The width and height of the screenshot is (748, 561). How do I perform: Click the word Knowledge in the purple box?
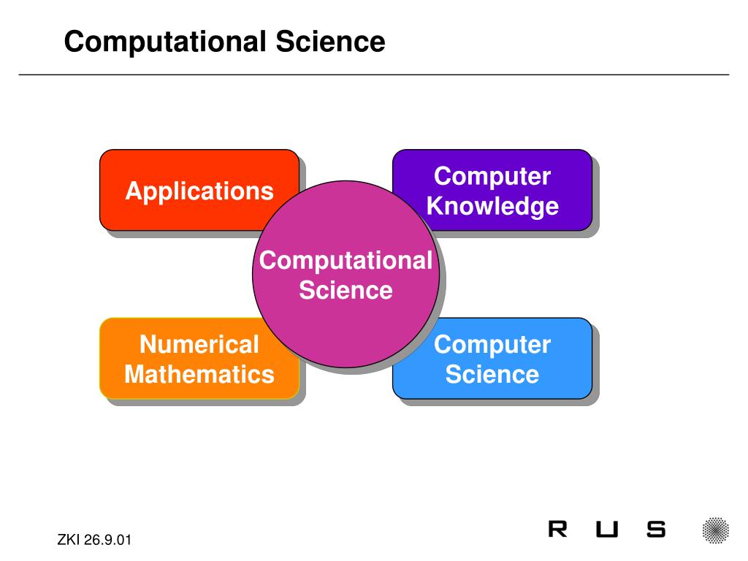point(492,207)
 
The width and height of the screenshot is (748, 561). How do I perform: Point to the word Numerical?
point(199,344)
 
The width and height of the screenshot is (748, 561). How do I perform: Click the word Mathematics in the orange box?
point(199,375)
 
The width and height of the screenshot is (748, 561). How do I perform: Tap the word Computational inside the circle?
point(346,261)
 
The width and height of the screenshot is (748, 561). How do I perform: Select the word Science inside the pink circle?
point(346,291)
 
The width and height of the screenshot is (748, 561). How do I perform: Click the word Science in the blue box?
point(492,375)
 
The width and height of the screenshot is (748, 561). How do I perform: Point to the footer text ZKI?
point(69,541)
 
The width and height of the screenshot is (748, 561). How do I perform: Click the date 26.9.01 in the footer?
point(107,541)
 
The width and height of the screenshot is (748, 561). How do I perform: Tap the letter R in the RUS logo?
point(557,530)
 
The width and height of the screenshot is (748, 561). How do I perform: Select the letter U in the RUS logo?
point(606,530)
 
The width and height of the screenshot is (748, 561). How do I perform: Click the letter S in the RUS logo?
point(656,530)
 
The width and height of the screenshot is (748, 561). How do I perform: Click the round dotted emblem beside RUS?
point(716,530)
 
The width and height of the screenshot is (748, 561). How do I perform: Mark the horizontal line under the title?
point(374,75)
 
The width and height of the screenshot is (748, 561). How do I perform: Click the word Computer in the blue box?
point(492,344)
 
